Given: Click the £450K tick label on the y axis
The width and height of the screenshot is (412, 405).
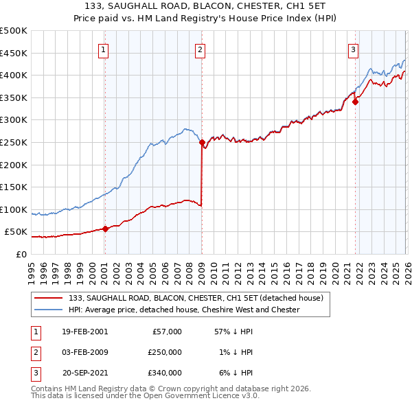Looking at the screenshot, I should coord(14,53).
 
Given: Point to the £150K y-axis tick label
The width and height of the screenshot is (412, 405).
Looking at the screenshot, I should coord(14,187).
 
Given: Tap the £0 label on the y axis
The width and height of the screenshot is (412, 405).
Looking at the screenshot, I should coord(21,254).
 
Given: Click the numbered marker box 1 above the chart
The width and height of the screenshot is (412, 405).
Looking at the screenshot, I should coord(103,49).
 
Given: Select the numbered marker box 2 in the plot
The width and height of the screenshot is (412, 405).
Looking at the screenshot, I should coord(200,49).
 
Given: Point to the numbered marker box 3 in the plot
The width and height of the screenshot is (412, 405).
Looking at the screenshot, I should coord(353,49).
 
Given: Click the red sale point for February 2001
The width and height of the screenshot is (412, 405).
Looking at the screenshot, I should coord(105,229).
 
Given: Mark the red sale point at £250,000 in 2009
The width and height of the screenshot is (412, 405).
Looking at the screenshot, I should coord(202,143).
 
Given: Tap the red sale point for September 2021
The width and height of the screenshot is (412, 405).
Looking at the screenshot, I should coord(355,102).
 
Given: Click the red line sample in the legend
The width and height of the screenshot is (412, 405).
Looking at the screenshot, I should coord(49,298).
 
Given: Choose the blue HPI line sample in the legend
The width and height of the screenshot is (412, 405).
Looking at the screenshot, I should coord(49,310).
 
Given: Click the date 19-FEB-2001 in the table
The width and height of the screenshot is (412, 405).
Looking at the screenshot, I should coord(84,332).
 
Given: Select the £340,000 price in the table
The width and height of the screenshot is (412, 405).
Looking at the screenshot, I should coord(164,373).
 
